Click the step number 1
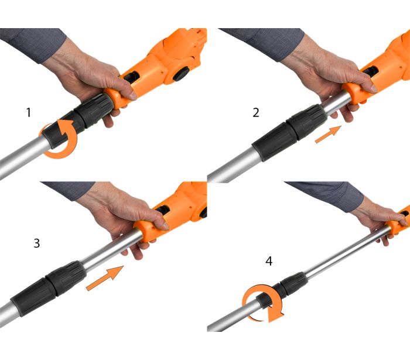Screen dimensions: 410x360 coord(29,112)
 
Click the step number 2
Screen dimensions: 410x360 coord(256,112)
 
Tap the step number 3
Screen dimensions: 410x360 coord(37,244)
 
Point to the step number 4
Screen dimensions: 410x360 coord(269,261)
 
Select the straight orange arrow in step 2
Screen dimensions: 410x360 coord(328,134)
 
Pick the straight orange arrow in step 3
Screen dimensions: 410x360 coord(105,278)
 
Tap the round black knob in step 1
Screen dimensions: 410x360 coord(182,73)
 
